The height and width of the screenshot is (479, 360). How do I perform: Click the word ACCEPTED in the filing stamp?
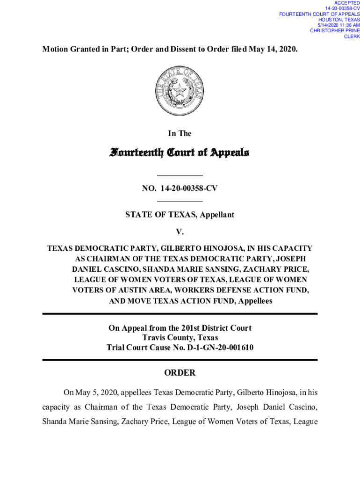(347, 3)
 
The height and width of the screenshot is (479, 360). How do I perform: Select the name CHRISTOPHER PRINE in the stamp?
(335, 31)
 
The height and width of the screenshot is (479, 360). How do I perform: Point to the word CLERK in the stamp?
(352, 36)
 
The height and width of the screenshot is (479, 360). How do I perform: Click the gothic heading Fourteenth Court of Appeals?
(180, 152)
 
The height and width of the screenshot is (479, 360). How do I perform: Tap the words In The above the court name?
(180, 134)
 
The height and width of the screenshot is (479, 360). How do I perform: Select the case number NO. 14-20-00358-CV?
(180, 189)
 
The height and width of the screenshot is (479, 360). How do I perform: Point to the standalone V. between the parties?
(180, 232)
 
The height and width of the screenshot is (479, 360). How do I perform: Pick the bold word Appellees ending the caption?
(255, 301)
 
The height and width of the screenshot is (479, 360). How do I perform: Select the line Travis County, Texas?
(180, 338)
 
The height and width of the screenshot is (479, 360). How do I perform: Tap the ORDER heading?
(180, 373)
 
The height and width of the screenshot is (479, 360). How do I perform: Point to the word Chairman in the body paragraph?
(103, 407)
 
